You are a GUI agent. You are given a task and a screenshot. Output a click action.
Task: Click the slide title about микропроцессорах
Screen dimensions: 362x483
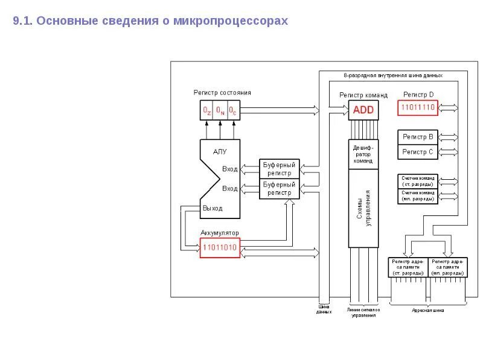point(150,21)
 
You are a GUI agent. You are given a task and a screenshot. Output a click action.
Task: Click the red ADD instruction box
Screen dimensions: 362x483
point(363,110)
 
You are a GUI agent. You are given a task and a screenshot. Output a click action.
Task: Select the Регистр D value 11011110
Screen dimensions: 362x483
point(418,108)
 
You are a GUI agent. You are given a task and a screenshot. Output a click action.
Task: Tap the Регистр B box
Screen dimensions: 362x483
point(418,137)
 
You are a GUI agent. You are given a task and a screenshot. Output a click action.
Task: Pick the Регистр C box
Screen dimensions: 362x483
point(418,152)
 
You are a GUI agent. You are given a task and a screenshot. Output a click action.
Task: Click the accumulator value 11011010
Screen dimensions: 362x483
point(220,247)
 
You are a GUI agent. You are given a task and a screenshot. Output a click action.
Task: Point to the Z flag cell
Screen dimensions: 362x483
point(207,111)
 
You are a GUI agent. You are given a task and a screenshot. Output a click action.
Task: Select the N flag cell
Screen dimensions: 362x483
point(220,111)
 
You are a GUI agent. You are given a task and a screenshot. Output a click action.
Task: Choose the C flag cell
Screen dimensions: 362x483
point(232,111)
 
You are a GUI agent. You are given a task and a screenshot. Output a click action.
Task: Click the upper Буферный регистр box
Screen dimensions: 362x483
point(280,168)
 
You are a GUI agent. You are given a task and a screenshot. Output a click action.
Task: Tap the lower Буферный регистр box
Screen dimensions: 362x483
point(280,188)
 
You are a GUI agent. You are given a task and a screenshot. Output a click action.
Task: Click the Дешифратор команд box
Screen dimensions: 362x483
point(363,154)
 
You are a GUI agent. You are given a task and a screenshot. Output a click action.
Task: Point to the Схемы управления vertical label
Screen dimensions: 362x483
point(364,208)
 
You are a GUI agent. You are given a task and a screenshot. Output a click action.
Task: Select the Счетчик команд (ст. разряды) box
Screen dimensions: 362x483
point(418,181)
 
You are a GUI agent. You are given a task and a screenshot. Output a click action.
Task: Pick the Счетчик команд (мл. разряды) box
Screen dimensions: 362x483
point(418,196)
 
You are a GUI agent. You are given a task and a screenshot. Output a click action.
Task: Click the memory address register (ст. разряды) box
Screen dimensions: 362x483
point(408,267)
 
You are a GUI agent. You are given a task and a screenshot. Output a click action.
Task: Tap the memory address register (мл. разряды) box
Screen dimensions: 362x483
point(447,267)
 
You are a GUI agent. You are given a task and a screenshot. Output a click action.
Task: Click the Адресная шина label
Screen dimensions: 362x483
point(427,311)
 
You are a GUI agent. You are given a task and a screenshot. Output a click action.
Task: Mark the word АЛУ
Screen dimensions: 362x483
point(220,152)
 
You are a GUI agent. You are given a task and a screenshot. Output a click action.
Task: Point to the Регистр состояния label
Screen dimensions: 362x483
point(222,92)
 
